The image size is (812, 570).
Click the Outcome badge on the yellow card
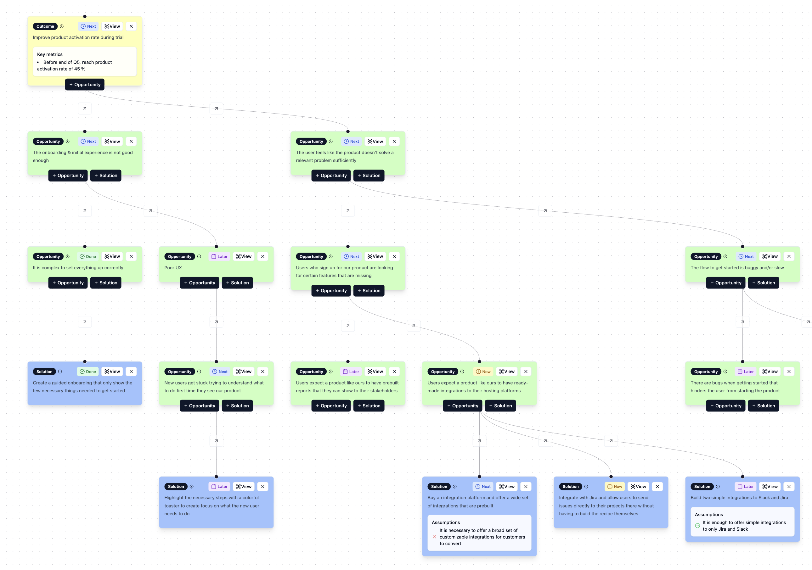(45, 26)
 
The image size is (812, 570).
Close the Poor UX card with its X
(263, 257)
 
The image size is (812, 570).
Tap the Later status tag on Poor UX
(220, 257)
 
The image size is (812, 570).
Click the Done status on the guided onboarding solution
(88, 372)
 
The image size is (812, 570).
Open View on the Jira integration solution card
(638, 487)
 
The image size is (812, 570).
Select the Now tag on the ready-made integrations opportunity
(483, 372)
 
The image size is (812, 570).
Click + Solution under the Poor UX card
(237, 283)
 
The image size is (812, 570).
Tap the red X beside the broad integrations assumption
(434, 537)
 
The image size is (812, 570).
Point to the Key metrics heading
(50, 54)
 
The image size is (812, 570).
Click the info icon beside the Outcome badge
(62, 26)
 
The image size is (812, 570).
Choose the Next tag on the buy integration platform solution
(483, 487)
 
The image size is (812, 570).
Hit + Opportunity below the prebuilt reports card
(331, 406)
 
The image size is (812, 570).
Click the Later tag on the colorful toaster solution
(220, 487)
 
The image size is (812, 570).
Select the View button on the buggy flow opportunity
(770, 257)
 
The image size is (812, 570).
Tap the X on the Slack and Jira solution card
(789, 487)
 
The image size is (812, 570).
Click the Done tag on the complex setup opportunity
(88, 257)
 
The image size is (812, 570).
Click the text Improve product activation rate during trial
(78, 37)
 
